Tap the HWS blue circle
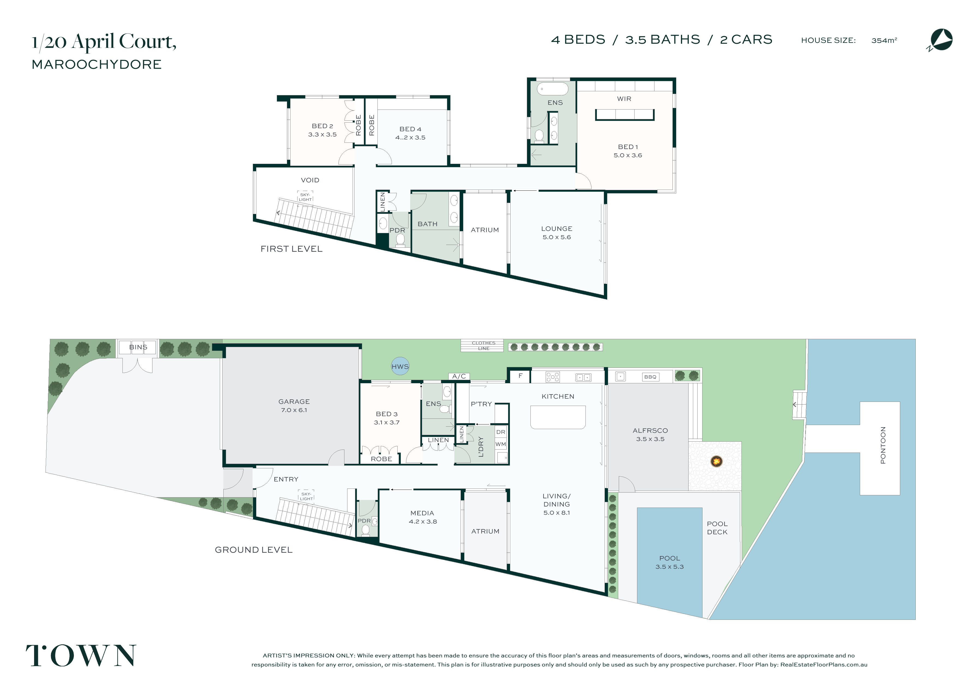(400, 366)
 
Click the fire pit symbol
(716, 461)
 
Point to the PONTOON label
(883, 445)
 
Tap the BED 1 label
(627, 147)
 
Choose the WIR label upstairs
(624, 99)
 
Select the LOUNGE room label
(557, 229)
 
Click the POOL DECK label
(717, 528)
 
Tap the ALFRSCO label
(650, 430)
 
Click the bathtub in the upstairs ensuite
(552, 89)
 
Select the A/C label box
(459, 376)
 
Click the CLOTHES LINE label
(484, 346)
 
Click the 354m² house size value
(884, 40)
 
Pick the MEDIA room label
(422, 513)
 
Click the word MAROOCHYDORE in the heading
(97, 64)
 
